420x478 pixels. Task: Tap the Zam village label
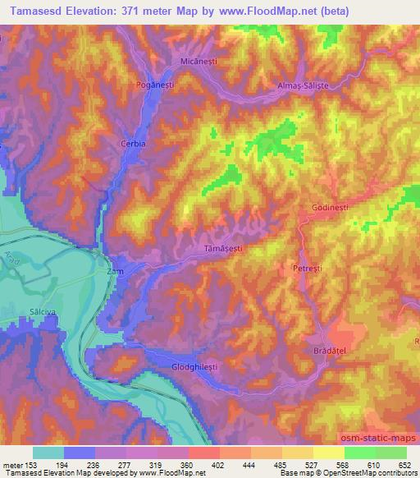pos(114,269)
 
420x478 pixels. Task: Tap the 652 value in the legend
pos(405,465)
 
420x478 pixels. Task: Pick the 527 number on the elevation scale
pos(311,465)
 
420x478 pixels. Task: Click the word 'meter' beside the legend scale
pos(11,465)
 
